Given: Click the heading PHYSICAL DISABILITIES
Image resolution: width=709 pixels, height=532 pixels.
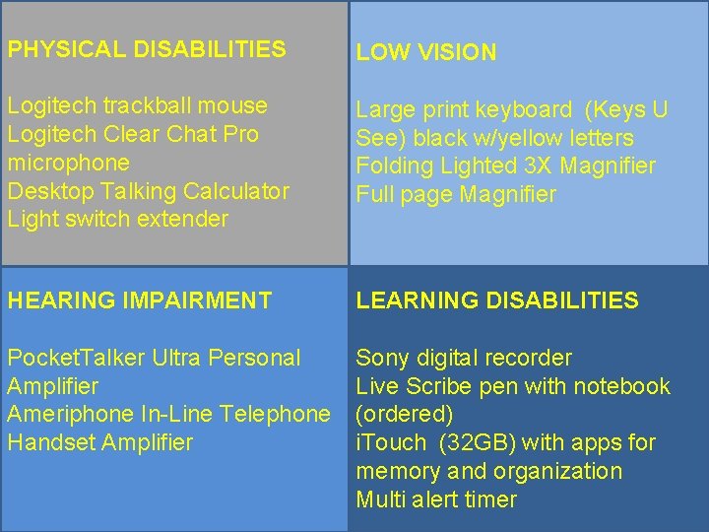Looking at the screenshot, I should pos(147,48).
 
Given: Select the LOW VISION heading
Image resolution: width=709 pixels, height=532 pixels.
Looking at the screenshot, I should pos(426,53).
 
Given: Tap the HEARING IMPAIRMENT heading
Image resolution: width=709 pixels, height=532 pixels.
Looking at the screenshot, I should pos(140,300).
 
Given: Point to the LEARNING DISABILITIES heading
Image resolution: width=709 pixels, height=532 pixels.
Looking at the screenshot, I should pos(497,300).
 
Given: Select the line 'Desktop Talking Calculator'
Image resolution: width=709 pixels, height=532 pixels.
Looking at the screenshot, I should pos(149,191).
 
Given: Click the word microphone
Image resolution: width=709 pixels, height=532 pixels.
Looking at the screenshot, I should pos(68,163).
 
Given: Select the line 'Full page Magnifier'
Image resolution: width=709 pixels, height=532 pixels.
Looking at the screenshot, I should pos(456,195).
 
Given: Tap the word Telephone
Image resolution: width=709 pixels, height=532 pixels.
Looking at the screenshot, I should pos(276,415).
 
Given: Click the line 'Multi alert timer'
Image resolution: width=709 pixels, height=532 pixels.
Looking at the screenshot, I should pos(436,499).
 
